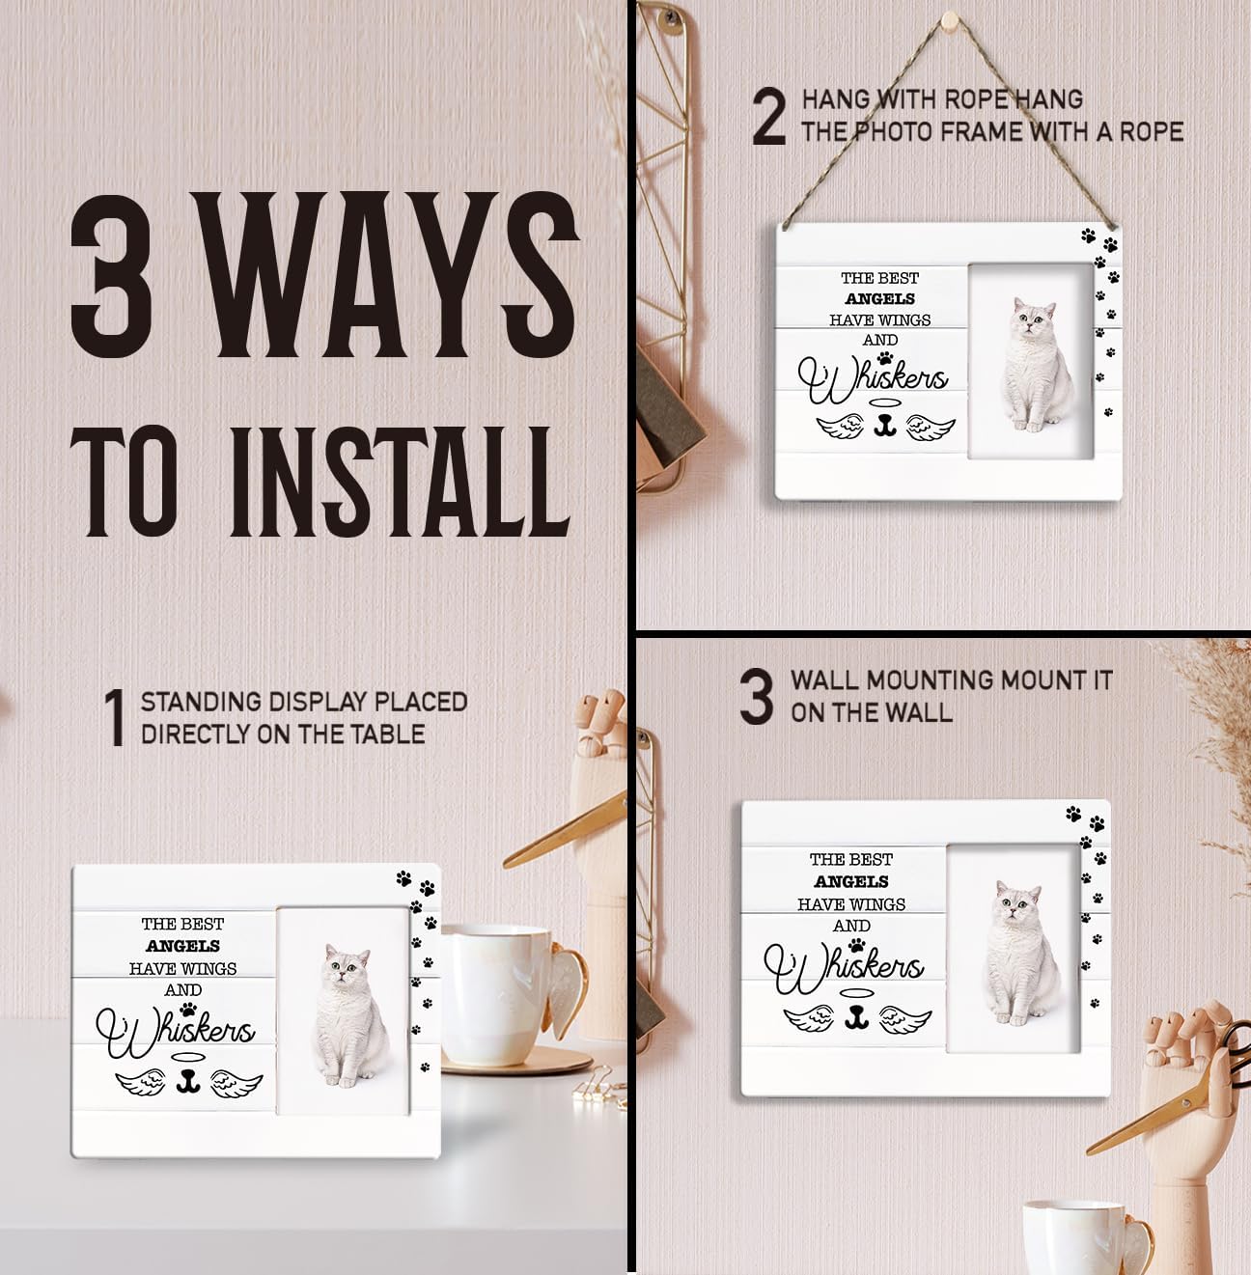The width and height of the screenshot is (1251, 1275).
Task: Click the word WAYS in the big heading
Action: tap(387, 274)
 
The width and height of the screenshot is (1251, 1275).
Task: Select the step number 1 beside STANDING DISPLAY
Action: tap(115, 717)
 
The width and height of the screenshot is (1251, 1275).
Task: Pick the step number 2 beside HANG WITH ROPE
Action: tap(769, 116)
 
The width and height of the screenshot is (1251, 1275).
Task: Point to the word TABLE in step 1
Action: tap(394, 735)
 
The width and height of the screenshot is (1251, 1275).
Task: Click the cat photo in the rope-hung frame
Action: tap(1030, 361)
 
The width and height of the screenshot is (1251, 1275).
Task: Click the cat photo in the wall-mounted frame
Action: tap(1013, 948)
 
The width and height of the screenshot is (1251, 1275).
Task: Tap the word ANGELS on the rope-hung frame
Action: tap(879, 298)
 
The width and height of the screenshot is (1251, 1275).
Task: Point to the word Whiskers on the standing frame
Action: tap(176, 1031)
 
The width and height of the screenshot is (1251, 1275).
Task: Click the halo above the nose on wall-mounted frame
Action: tap(856, 992)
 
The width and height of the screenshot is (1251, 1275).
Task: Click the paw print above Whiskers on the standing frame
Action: tap(188, 1009)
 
